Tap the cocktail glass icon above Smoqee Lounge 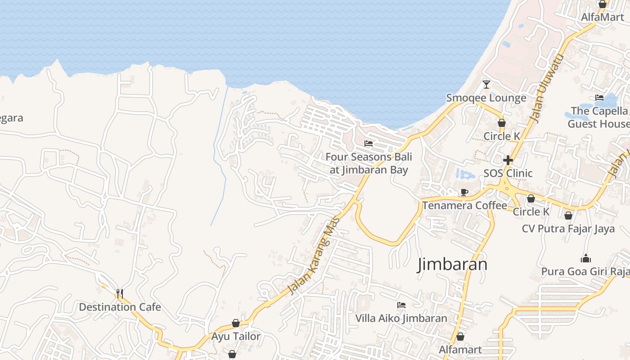[x=486, y=84]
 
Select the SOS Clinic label [x=508, y=173]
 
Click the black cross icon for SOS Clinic [x=508, y=160]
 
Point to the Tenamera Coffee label [x=464, y=206]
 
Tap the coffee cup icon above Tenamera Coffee [x=464, y=193]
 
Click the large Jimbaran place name [x=453, y=264]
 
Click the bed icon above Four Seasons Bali [x=369, y=144]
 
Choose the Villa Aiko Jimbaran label [x=401, y=318]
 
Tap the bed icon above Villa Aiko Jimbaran [x=401, y=305]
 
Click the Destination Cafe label [x=120, y=307]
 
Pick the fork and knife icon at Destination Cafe [x=120, y=293]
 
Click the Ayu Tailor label [x=236, y=336]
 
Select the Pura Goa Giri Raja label [x=585, y=272]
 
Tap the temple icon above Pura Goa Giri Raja [x=585, y=258]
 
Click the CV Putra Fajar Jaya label [x=568, y=229]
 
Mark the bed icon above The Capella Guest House [x=599, y=97]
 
